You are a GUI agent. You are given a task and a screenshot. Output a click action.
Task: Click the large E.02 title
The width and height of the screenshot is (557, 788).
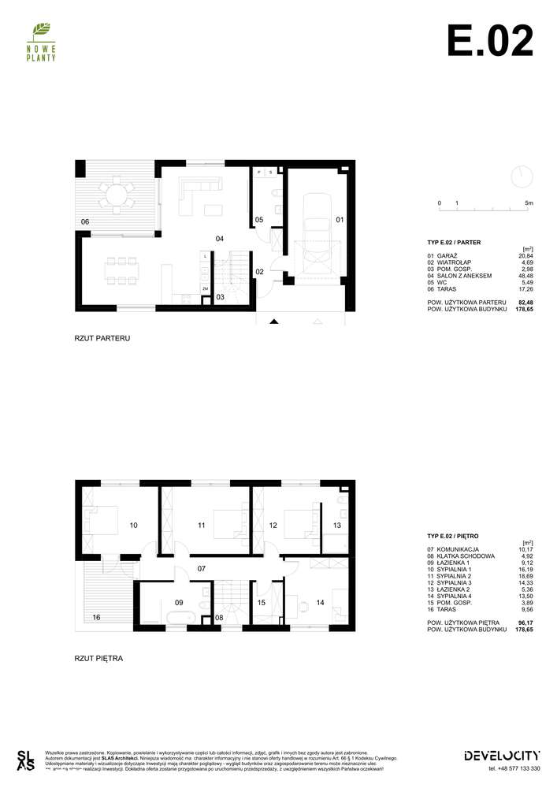click(489, 40)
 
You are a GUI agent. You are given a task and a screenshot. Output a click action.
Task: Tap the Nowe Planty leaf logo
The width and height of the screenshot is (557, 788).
click(39, 32)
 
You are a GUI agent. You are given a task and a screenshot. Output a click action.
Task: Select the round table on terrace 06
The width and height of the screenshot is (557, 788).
click(115, 194)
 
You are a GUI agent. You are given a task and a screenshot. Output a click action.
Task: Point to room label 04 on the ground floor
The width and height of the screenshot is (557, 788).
click(221, 238)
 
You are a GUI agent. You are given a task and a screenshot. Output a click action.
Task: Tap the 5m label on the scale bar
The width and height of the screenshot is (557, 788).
click(529, 203)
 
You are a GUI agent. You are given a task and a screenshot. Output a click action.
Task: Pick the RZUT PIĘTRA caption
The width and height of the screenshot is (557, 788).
click(98, 656)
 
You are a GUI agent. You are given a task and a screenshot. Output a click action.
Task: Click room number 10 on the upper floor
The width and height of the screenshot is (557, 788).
click(134, 525)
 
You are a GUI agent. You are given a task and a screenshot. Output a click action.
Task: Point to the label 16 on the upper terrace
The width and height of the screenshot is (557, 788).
click(95, 617)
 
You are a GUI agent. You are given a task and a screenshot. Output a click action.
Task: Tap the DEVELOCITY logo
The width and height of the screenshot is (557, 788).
click(502, 755)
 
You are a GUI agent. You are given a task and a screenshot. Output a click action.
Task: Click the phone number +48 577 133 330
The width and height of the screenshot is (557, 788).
click(514, 768)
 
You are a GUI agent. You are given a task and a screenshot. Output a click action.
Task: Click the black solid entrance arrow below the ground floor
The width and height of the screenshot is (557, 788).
click(273, 322)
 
